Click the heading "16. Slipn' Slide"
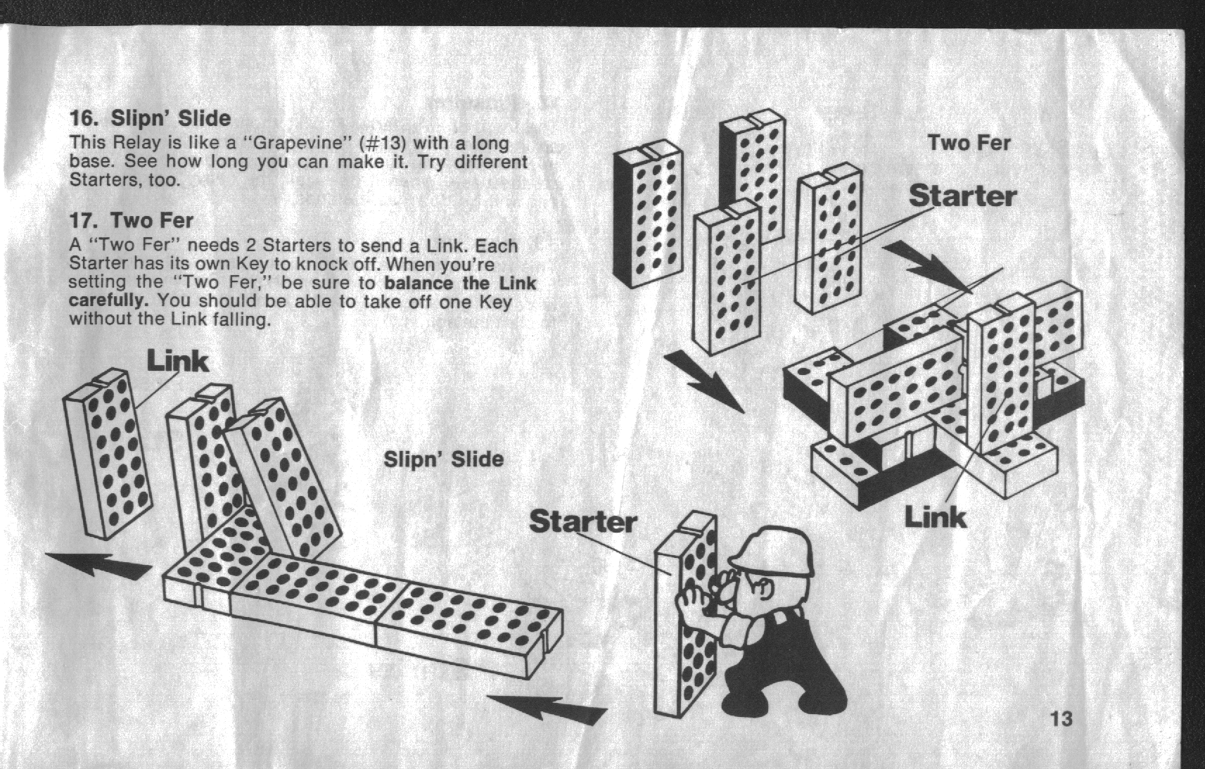(x=150, y=118)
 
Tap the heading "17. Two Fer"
(x=132, y=220)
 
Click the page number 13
(x=1061, y=719)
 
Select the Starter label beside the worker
(x=583, y=521)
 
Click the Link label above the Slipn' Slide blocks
(x=177, y=361)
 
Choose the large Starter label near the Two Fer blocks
(x=962, y=196)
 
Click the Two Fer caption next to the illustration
(x=969, y=143)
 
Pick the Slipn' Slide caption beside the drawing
(x=443, y=459)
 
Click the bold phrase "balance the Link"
(x=461, y=283)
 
